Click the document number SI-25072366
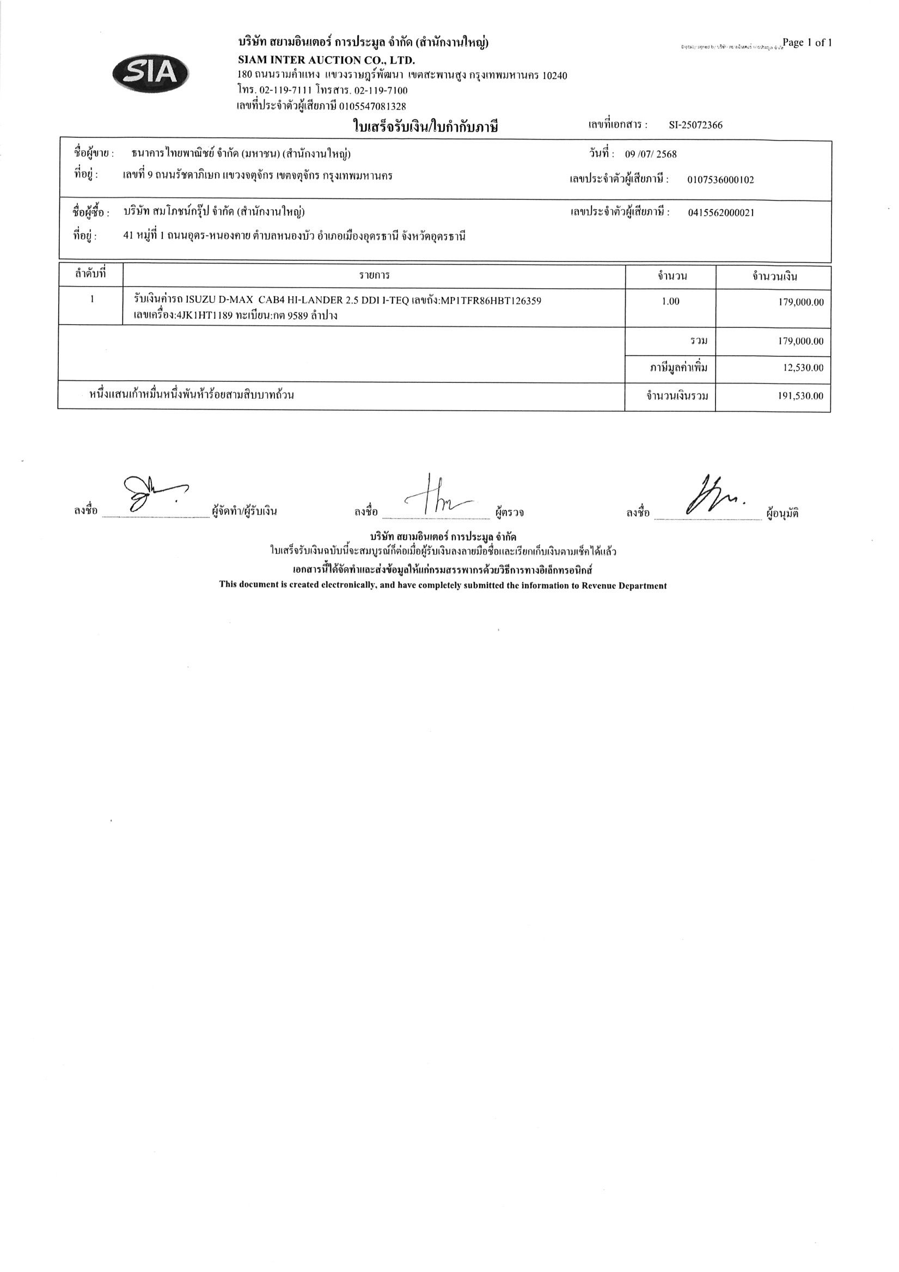695,125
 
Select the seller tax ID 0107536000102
720,180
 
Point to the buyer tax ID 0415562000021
720,213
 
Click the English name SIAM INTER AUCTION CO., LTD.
326,60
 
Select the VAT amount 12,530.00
803,368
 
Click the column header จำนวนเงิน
774,276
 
